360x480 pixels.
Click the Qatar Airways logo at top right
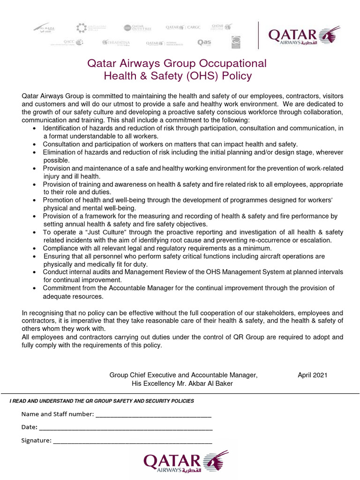[x=303, y=35]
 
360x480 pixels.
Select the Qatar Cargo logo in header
[x=183, y=28]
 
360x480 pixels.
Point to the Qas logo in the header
[x=204, y=43]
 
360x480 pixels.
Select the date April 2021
[x=313, y=375]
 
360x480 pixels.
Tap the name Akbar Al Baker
[x=210, y=384]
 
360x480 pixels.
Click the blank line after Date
[x=126, y=428]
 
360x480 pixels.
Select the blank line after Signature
[x=133, y=441]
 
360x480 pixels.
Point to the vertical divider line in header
[x=258, y=35]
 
